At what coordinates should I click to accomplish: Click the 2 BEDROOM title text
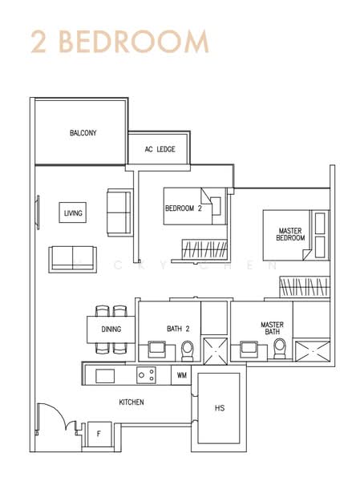coord(119,41)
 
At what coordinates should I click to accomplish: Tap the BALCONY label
coord(83,133)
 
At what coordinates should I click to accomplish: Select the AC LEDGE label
coord(160,149)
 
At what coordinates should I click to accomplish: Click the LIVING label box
coord(74,213)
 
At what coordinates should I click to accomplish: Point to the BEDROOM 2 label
coord(183,208)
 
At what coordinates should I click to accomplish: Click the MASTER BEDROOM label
coord(290,233)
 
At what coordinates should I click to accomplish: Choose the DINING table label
coord(111,329)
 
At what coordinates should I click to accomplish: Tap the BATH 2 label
coord(177,329)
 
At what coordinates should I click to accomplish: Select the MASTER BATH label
coord(273,329)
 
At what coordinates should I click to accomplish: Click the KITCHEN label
coord(131,402)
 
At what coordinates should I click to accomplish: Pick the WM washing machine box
coord(182,374)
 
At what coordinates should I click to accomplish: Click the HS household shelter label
coord(220,408)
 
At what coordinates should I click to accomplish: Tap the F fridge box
coord(99,434)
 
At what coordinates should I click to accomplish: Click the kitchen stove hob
coord(146,374)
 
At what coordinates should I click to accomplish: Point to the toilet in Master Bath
coord(280,349)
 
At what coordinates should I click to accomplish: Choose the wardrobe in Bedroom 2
coord(204,249)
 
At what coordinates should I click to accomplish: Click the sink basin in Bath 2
coord(156,350)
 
